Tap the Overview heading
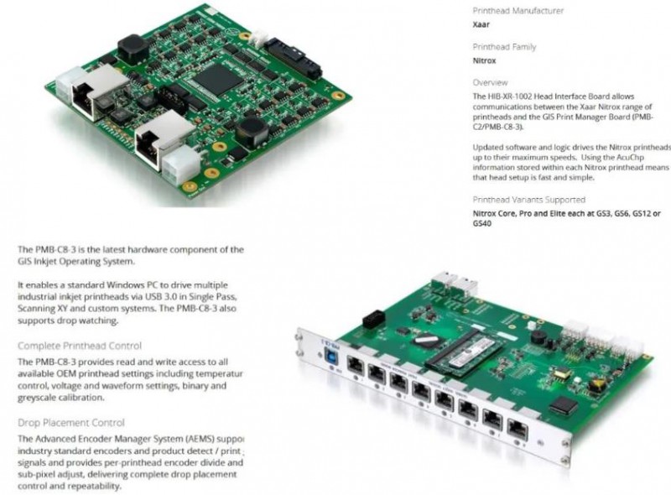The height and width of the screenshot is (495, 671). (x=490, y=83)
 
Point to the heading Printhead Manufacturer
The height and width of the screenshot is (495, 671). (x=518, y=11)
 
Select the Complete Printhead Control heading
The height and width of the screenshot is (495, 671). (x=79, y=346)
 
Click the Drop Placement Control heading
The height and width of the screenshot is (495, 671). (x=70, y=423)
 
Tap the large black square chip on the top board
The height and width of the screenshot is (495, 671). (x=216, y=78)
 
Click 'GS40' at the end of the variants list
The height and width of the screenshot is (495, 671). (x=482, y=224)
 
